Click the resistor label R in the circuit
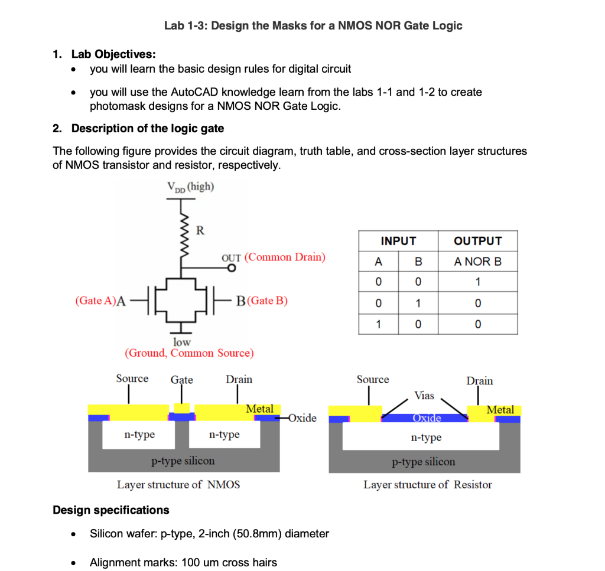click(200, 230)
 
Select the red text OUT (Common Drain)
click(273, 257)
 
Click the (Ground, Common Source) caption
click(189, 353)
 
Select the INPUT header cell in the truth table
click(398, 241)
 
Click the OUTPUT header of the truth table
click(477, 241)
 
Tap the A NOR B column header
click(477, 261)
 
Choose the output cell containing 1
click(477, 282)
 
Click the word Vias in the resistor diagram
click(424, 395)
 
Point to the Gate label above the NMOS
click(181, 380)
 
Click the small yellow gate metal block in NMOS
click(182, 408)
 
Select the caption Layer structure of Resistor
click(427, 485)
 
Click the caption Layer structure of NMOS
click(178, 485)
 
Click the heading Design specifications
click(111, 510)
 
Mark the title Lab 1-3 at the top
click(313, 25)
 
